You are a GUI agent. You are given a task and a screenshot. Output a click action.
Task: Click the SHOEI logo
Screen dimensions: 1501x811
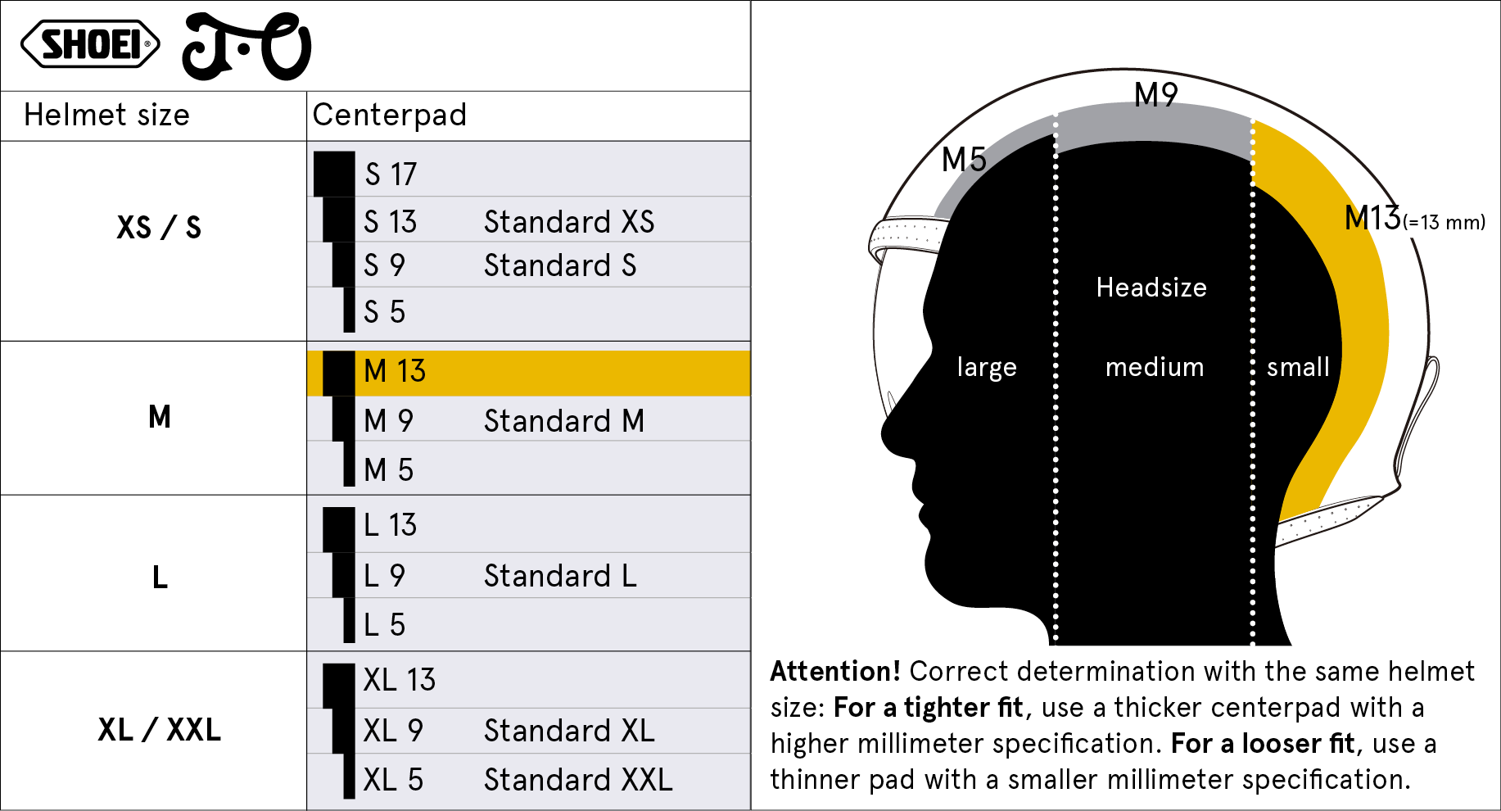click(90, 43)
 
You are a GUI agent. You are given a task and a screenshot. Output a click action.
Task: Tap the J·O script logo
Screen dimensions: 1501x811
click(246, 47)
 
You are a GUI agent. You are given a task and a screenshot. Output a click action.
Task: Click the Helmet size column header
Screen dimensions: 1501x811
click(106, 115)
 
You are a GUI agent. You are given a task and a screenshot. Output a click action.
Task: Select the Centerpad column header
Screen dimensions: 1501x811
click(389, 115)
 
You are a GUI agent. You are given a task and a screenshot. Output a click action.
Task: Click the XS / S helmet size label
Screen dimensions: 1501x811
click(159, 227)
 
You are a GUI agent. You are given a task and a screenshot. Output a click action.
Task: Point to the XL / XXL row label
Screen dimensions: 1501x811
click(159, 729)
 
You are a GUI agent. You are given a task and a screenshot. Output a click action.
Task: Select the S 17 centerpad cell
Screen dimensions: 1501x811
click(391, 174)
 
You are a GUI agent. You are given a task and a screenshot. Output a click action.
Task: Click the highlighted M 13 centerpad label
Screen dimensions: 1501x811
click(395, 371)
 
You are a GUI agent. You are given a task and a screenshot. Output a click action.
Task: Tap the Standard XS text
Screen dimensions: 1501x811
click(569, 222)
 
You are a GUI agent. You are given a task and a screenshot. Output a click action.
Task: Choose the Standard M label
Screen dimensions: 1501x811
click(564, 421)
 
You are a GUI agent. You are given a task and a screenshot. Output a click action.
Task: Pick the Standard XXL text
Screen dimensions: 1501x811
click(578, 780)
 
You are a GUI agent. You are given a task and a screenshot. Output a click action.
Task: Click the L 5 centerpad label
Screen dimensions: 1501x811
click(384, 625)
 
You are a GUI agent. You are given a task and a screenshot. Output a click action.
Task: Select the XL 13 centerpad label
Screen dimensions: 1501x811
click(400, 680)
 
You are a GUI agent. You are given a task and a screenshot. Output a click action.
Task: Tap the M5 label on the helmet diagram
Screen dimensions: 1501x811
click(964, 160)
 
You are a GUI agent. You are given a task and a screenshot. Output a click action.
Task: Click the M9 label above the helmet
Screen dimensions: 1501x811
click(1156, 95)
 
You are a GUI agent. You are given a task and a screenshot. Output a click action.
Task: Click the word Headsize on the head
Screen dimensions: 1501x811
click(1151, 288)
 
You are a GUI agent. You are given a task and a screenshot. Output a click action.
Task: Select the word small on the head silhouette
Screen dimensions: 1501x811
click(1298, 367)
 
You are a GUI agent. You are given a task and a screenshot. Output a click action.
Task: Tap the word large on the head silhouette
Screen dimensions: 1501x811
click(987, 368)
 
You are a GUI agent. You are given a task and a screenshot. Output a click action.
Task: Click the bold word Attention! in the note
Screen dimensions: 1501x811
click(835, 672)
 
